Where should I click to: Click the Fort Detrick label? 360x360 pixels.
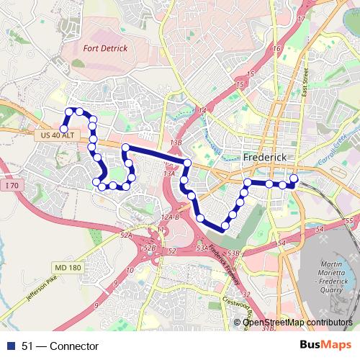105,48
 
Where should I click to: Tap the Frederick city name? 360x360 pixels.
266,156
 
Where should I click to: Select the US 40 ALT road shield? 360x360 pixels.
54,135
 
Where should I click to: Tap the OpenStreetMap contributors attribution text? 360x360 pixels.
297,323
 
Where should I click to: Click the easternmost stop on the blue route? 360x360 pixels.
294,179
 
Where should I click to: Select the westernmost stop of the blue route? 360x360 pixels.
64,129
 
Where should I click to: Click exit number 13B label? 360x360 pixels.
176,143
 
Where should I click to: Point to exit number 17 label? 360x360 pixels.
300,19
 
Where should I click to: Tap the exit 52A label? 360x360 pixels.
127,235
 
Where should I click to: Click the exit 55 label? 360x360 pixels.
349,220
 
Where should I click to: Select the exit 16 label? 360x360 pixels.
276,48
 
